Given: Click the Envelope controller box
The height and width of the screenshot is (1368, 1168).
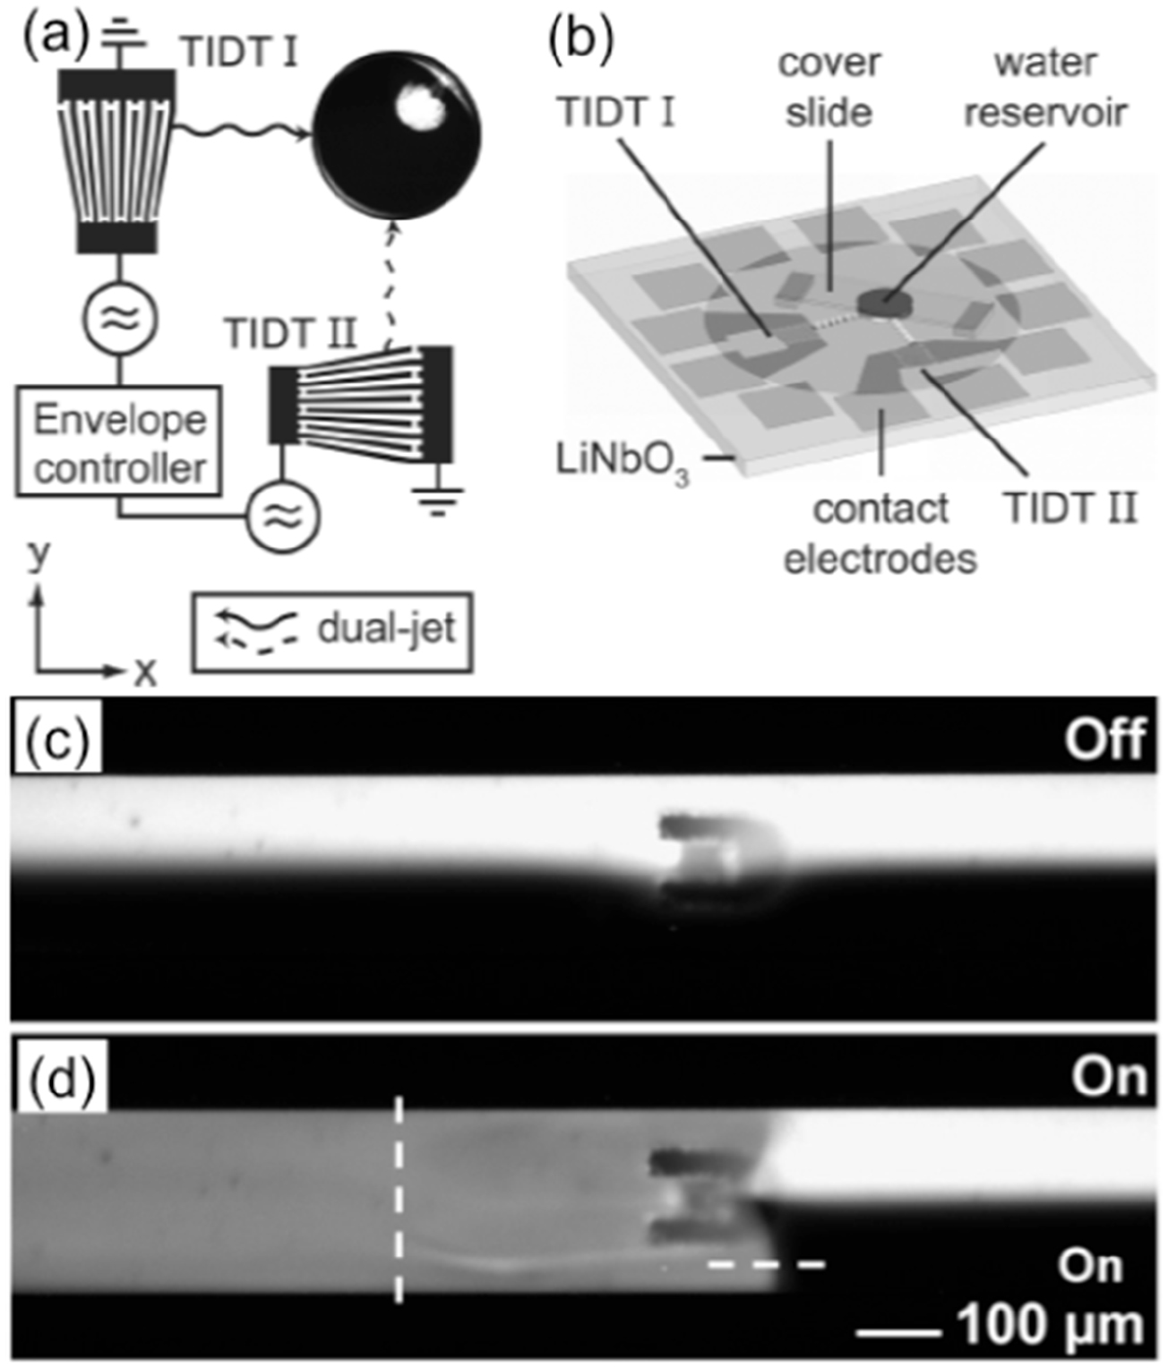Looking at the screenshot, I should point(118,441).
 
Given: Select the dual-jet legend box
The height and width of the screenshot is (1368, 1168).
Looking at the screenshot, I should point(331,631).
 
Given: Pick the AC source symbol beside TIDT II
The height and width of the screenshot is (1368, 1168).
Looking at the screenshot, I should point(282,516).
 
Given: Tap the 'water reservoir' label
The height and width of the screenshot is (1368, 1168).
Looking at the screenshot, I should point(1044,88).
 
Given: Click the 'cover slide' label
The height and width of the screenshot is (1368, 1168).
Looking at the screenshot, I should point(829,88).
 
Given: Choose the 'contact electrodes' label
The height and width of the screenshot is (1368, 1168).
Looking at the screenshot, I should point(880,534).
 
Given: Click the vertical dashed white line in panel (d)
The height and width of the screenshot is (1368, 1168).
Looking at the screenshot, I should point(399,1200).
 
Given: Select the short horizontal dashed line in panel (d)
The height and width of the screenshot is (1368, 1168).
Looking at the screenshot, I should point(766,1264).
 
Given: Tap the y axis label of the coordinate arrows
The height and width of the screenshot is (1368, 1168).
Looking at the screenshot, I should point(38,555).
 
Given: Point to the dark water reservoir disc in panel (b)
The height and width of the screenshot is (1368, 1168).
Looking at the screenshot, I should point(882,304).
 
